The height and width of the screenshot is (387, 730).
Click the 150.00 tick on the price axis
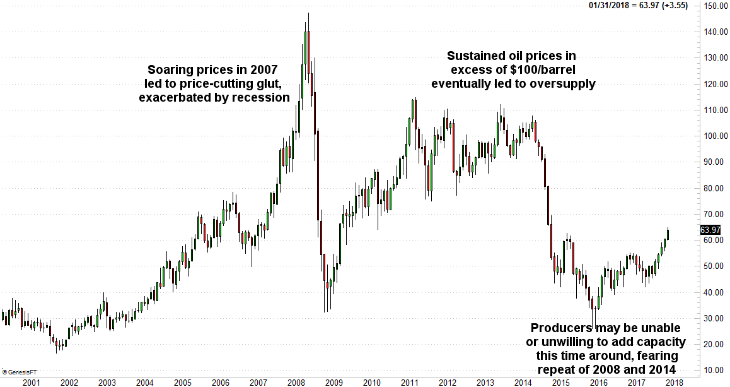click(715, 6)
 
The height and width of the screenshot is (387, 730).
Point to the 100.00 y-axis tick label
click(715, 136)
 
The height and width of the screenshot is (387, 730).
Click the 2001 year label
click(32, 382)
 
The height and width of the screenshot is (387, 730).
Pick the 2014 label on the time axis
click(523, 382)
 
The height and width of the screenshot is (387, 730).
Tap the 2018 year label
click(675, 382)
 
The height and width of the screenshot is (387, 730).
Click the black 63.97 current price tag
click(710, 230)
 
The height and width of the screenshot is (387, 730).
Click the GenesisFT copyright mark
click(19, 371)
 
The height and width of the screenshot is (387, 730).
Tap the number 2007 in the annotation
click(262, 69)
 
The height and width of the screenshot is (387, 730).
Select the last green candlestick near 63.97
click(668, 234)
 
